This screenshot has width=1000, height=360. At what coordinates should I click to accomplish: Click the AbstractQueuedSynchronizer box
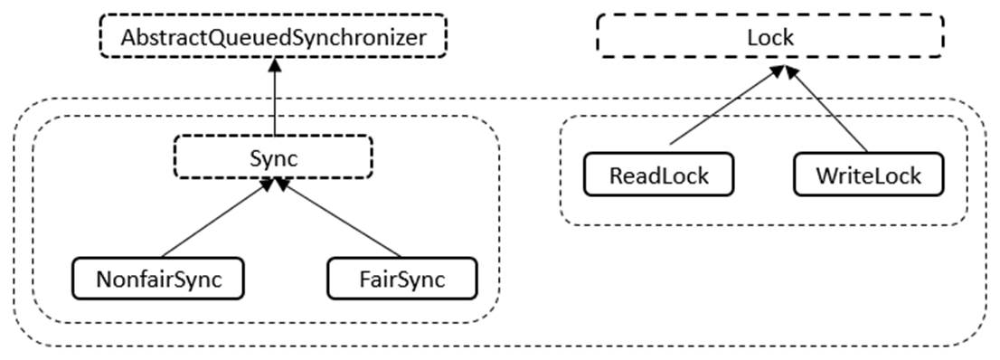point(272,38)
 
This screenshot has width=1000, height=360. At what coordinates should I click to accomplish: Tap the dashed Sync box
point(272,157)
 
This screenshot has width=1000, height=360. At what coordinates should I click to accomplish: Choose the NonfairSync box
point(158,279)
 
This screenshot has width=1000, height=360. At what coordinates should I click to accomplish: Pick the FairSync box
point(401,279)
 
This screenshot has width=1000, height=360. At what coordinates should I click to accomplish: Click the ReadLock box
point(658,175)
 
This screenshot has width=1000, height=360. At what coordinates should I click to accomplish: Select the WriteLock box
point(868,175)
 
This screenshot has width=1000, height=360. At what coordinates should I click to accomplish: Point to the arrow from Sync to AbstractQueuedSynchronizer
point(272,99)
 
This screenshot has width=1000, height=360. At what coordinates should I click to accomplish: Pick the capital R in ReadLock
point(616,175)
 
